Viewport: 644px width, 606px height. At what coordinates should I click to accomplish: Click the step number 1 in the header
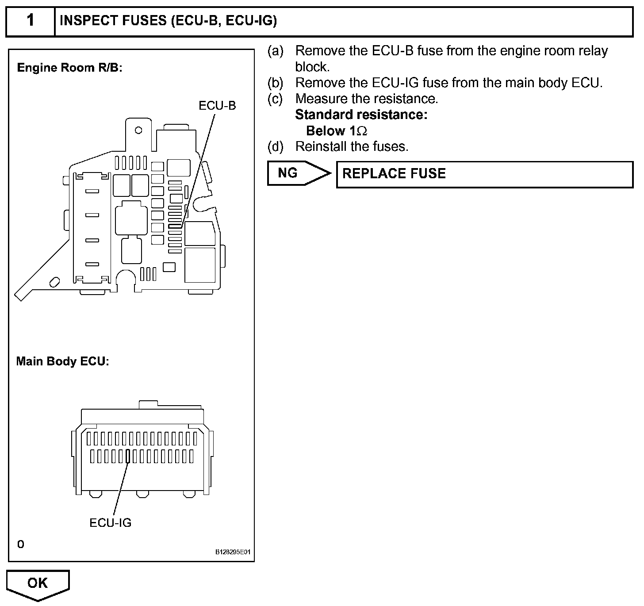(30, 21)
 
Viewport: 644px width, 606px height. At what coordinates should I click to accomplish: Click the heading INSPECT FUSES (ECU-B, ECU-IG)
(168, 21)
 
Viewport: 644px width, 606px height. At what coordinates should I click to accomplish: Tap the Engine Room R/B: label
(69, 68)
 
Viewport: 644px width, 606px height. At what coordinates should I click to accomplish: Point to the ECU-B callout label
(217, 106)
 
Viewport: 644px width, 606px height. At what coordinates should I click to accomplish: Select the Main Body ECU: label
(62, 361)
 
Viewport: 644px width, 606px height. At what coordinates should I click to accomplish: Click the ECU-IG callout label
(111, 522)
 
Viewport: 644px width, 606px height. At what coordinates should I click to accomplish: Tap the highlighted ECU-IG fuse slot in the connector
(128, 456)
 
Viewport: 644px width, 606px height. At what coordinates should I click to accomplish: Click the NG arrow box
(297, 173)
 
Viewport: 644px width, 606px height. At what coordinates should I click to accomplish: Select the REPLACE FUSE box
(484, 174)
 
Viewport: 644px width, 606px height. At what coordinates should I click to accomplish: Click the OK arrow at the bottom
(38, 585)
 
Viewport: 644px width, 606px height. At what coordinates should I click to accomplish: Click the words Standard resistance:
(361, 115)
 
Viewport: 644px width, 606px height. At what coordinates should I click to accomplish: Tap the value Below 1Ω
(337, 131)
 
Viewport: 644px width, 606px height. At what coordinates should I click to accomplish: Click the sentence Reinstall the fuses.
(352, 146)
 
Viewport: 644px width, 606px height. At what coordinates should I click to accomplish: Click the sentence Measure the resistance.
(367, 99)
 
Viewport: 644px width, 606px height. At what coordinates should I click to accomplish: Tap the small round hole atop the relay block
(138, 130)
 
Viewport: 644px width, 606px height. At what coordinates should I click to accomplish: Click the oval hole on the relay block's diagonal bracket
(55, 281)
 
